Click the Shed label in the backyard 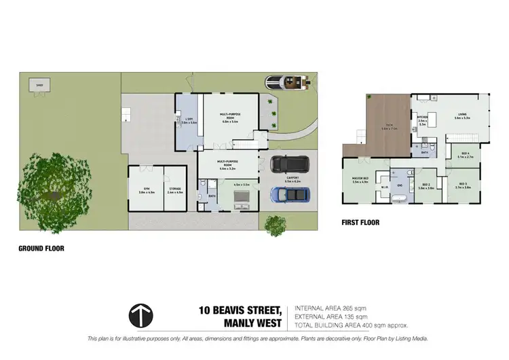pyautogui.click(x=40, y=85)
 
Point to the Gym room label pyautogui.click(x=146, y=191)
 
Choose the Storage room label pyautogui.click(x=175, y=191)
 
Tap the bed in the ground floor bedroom pyautogui.click(x=242, y=199)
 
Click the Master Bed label pyautogui.click(x=360, y=180)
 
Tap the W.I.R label pyautogui.click(x=384, y=188)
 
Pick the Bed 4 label pyautogui.click(x=465, y=156)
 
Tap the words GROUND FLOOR pyautogui.click(x=41, y=249)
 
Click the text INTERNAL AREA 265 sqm pyautogui.click(x=331, y=308)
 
